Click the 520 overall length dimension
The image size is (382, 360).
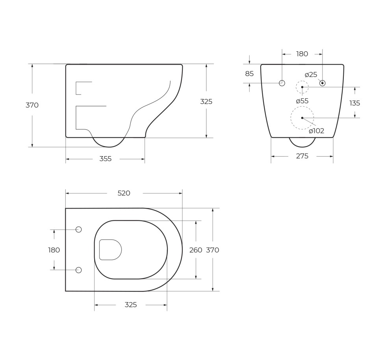(124, 193)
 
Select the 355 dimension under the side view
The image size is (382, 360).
(105, 159)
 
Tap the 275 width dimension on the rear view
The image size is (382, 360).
(302, 156)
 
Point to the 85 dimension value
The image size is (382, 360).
(249, 74)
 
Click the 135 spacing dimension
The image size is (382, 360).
(354, 103)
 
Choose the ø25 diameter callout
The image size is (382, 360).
(311, 75)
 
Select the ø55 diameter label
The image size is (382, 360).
(302, 101)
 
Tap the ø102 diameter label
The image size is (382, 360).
(316, 131)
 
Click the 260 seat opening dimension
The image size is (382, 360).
(196, 250)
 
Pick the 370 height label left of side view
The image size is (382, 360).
(32, 105)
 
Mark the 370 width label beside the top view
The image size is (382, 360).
(213, 250)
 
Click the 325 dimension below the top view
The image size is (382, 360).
(131, 305)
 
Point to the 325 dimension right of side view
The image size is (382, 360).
(206, 101)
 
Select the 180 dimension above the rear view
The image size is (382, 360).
(302, 54)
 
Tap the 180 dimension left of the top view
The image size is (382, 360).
(54, 250)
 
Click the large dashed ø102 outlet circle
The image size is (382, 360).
(302, 118)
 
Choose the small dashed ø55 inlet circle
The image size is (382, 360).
(302, 87)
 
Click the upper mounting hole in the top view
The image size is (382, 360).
(78, 229)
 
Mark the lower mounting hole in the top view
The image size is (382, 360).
(78, 270)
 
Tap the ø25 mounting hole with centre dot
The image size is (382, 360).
(322, 83)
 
